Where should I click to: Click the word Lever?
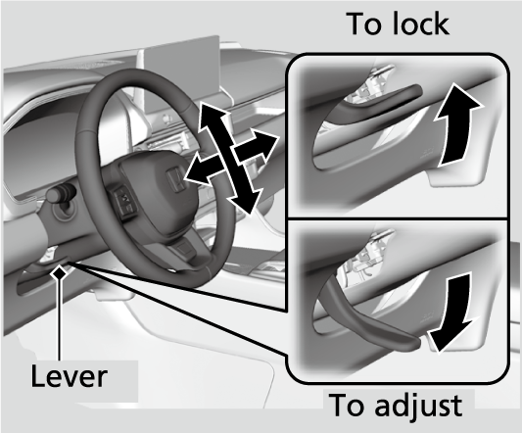(69, 376)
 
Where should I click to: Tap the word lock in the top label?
(421, 24)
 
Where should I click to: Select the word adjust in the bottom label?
(418, 405)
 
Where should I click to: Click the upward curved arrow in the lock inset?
(456, 126)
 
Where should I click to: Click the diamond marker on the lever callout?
(60, 273)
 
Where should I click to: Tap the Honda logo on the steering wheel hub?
(174, 180)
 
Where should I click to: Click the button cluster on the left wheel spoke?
(124, 201)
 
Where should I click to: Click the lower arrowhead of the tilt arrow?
(245, 201)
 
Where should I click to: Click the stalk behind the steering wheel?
(61, 193)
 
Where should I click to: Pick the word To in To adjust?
(349, 405)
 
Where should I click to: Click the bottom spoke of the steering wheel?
(186, 249)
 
